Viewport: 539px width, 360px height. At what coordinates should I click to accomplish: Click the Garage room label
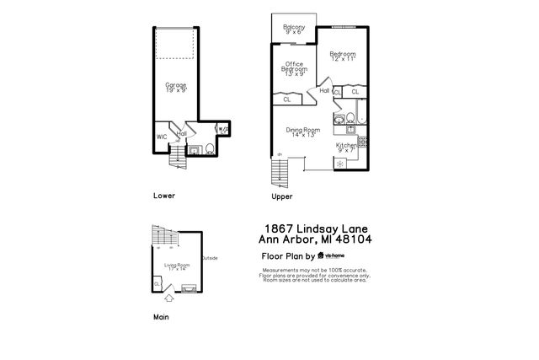pyautogui.click(x=175, y=88)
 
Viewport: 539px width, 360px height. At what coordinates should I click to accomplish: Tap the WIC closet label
pyautogui.click(x=161, y=137)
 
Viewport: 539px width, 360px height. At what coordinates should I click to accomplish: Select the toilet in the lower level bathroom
pyautogui.click(x=209, y=148)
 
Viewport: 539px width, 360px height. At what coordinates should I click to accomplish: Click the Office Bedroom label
pyautogui.click(x=294, y=68)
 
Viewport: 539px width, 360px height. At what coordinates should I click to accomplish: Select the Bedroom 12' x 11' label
pyautogui.click(x=344, y=56)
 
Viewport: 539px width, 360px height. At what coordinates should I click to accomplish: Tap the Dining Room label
pyautogui.click(x=305, y=132)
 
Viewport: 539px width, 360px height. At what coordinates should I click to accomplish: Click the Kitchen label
pyautogui.click(x=347, y=148)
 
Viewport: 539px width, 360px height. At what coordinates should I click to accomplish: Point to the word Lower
pyautogui.click(x=164, y=196)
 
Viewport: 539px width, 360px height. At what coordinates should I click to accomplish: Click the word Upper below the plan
pyautogui.click(x=281, y=196)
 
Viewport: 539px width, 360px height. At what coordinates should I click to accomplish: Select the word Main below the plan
pyautogui.click(x=161, y=317)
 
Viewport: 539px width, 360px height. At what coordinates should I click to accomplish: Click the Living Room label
pyautogui.click(x=177, y=267)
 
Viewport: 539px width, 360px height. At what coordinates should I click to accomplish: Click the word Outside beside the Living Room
pyautogui.click(x=209, y=258)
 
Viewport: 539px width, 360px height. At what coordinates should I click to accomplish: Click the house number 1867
pyautogui.click(x=281, y=228)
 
